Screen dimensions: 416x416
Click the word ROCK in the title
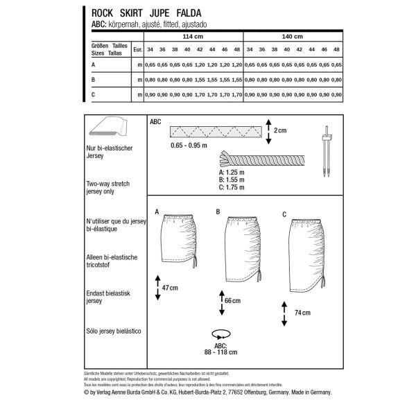(x=94, y=12)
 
